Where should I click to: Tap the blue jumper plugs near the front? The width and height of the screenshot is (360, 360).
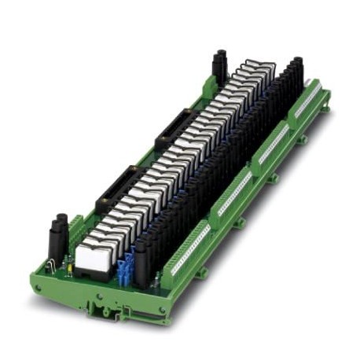click(125, 271)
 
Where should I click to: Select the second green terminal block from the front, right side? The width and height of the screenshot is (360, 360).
click(234, 193)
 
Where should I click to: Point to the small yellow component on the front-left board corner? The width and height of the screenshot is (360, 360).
click(72, 272)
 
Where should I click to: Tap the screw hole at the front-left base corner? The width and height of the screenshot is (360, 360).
click(39, 295)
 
